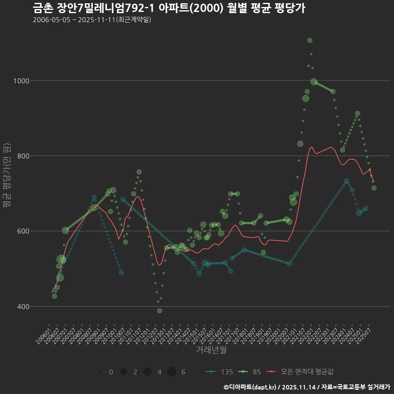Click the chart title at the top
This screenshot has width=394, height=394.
tap(168, 8)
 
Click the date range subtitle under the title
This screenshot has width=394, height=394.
tap(92, 20)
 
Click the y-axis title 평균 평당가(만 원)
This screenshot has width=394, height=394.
tap(7, 176)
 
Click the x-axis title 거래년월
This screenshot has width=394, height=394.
tap(211, 350)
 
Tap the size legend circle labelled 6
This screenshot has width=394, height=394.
tap(172, 372)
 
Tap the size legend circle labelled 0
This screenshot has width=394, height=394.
tap(100, 372)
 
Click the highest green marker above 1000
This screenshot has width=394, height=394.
tap(310, 40)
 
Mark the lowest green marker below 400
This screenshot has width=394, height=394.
tap(160, 311)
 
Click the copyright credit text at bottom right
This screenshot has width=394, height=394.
tap(307, 387)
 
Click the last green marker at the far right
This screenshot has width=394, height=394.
tap(374, 188)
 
